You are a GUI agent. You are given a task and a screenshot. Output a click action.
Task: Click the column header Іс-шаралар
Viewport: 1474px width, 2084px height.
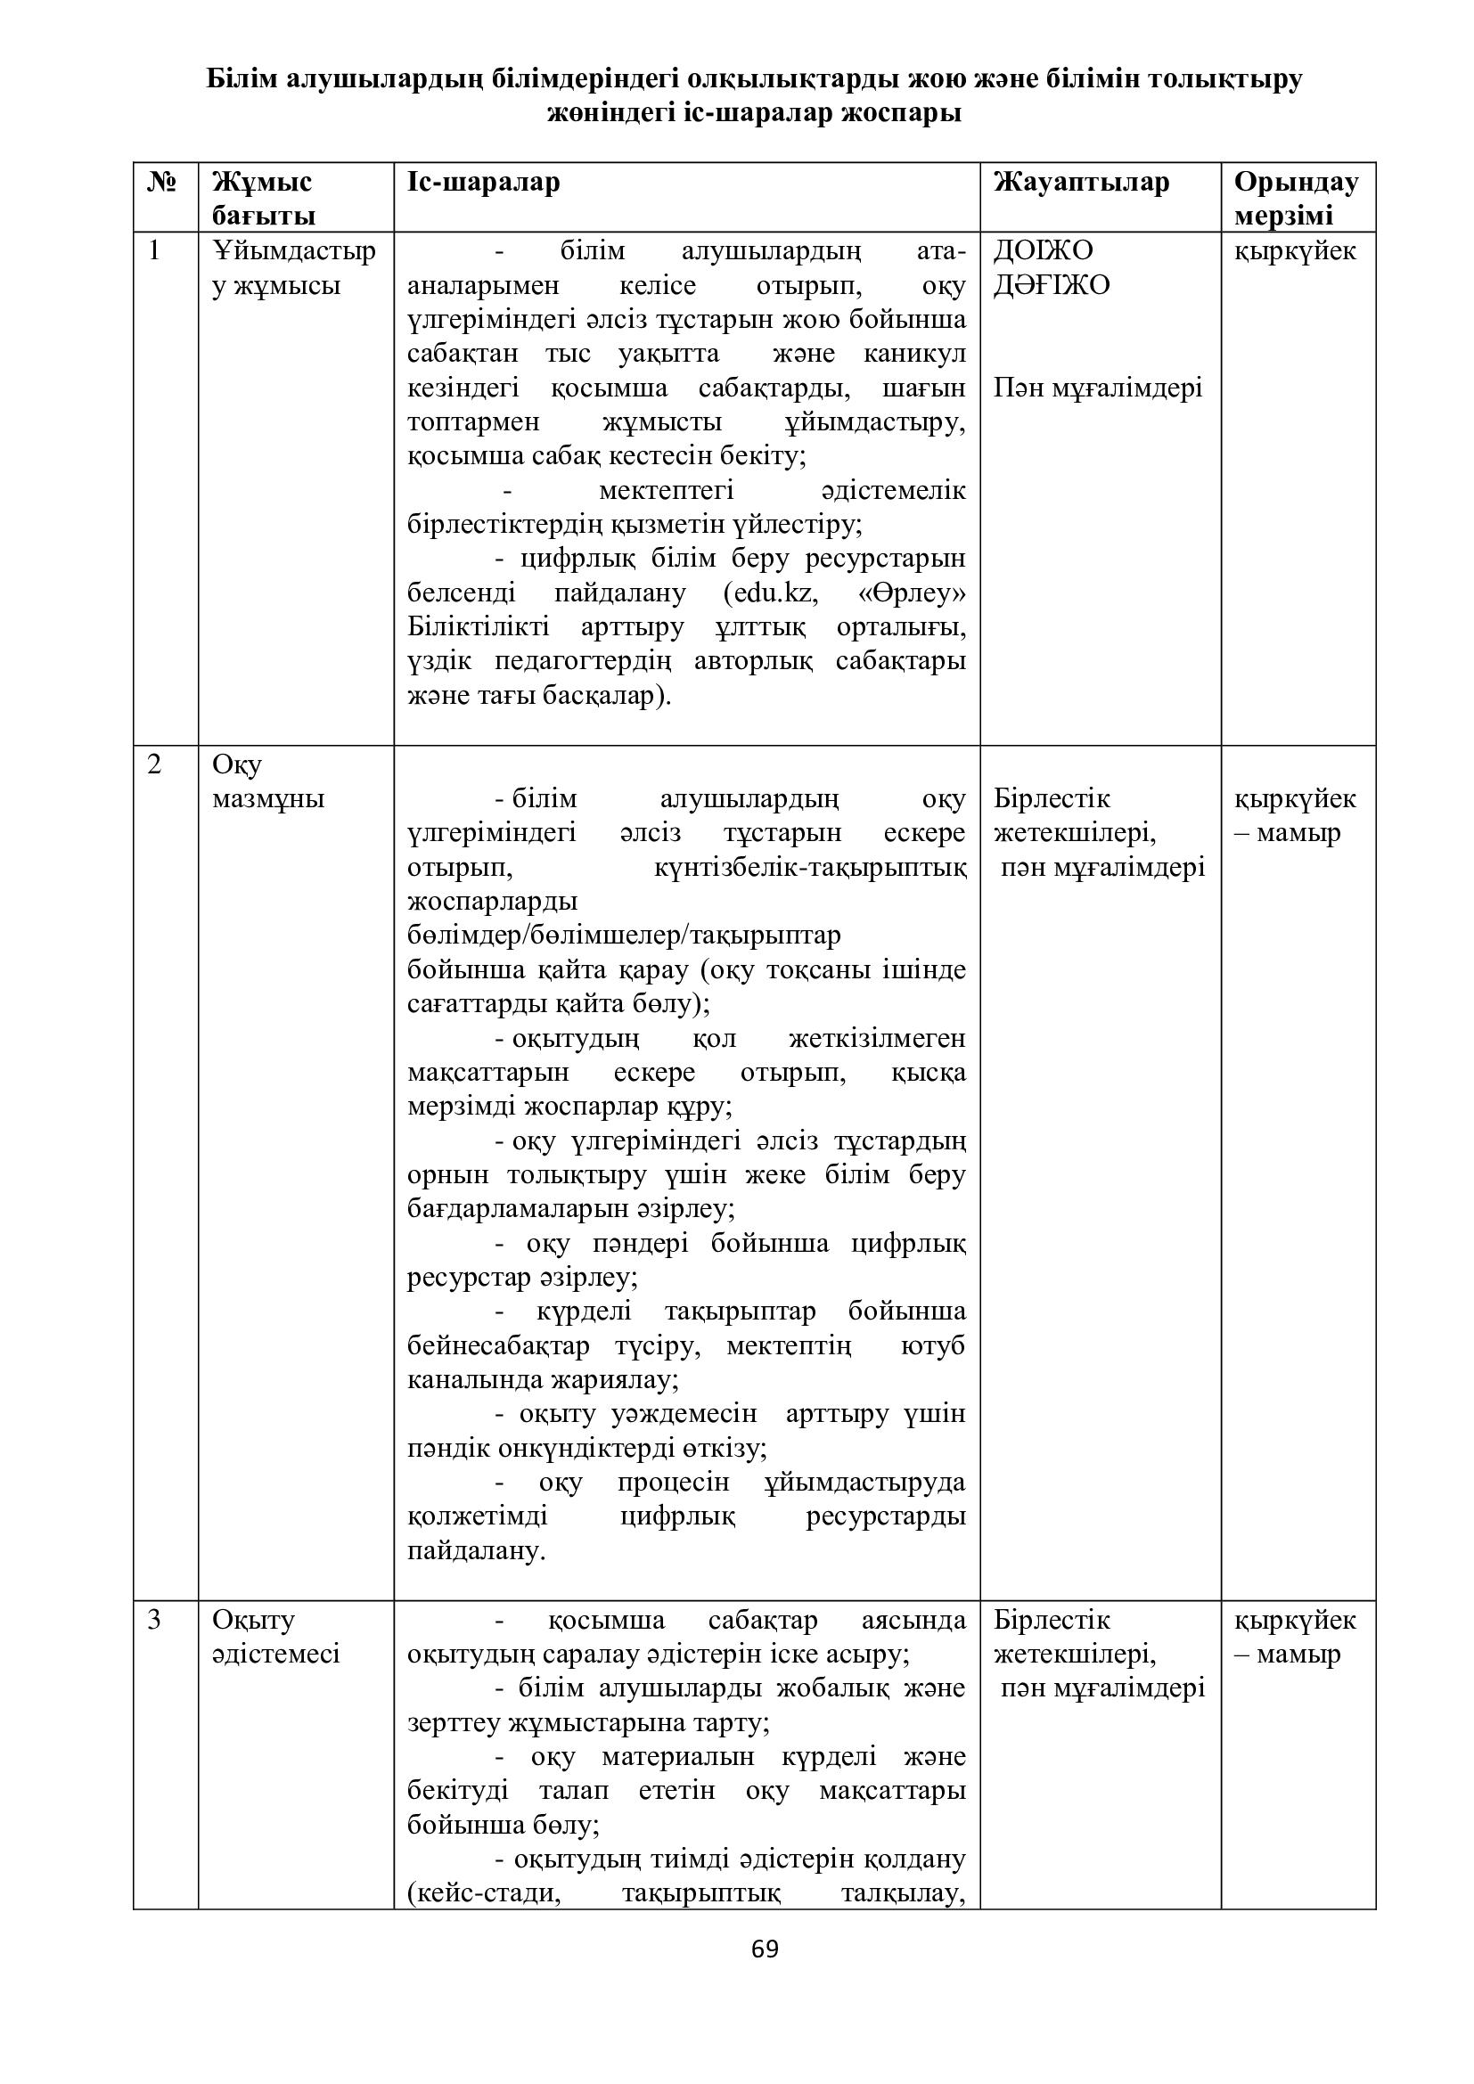point(483,182)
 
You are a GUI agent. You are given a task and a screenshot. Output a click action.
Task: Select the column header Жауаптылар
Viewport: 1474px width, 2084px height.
point(1081,182)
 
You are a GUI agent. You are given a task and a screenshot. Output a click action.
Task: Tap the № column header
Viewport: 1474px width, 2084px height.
point(161,182)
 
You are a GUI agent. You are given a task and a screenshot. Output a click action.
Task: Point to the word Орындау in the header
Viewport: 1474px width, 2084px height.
point(1295,182)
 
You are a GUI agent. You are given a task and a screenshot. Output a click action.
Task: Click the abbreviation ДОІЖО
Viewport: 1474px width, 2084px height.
point(1043,249)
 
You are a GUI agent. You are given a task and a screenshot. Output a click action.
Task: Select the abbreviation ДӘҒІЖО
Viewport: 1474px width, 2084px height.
point(1051,285)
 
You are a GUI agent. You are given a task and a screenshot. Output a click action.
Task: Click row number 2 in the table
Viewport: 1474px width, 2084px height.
point(154,764)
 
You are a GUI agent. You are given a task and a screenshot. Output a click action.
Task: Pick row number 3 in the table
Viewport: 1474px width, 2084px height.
point(154,1619)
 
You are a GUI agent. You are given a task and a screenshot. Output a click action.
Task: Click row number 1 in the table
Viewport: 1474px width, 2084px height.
point(154,249)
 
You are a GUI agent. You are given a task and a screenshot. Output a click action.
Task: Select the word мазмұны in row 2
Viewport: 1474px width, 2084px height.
point(267,798)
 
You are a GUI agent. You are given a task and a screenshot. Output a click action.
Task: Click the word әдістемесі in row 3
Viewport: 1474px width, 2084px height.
point(276,1654)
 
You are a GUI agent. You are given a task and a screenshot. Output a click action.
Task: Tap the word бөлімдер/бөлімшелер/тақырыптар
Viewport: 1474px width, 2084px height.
point(624,935)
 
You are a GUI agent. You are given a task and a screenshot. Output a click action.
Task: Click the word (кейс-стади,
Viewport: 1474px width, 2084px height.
point(483,1893)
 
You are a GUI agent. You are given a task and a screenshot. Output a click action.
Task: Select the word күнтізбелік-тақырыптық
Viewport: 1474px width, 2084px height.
point(809,867)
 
